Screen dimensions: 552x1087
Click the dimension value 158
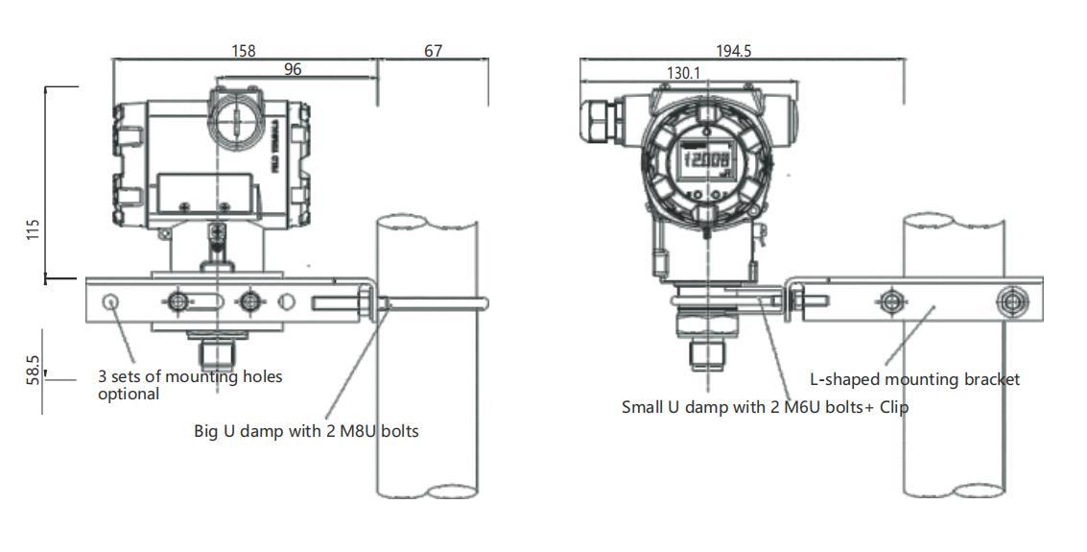pyautogui.click(x=244, y=51)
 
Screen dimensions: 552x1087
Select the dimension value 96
pyautogui.click(x=293, y=69)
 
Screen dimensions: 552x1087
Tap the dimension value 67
pyautogui.click(x=433, y=51)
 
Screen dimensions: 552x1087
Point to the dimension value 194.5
pyautogui.click(x=733, y=51)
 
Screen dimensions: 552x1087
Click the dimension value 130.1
pyautogui.click(x=683, y=73)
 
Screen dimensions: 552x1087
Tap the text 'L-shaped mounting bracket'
pyautogui.click(x=914, y=379)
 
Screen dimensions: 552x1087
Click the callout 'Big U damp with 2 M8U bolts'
pyautogui.click(x=306, y=431)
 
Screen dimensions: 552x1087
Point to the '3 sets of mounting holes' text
pyautogui.click(x=190, y=376)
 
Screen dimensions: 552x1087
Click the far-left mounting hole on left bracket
pyautogui.click(x=111, y=302)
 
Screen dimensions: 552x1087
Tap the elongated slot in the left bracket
pyautogui.click(x=207, y=302)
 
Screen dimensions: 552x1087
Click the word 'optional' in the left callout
pyautogui.click(x=129, y=395)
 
